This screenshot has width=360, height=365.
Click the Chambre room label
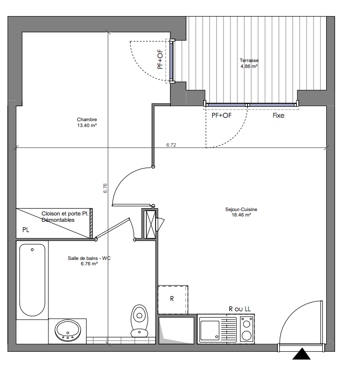pos(87,123)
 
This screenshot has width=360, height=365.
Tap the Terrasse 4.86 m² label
pos(249,64)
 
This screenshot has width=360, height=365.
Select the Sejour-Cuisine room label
pos(241,212)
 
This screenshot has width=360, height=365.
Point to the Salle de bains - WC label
pos(89,261)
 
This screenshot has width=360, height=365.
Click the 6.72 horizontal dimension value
pos(171,145)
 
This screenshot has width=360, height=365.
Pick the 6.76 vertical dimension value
pos(105,188)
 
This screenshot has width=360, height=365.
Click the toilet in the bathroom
pos(139,321)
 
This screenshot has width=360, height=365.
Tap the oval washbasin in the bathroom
pos(68,330)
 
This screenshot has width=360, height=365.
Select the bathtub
pos(32,280)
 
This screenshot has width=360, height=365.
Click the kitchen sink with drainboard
pos(217,329)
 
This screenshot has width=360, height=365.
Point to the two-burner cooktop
pos(247,329)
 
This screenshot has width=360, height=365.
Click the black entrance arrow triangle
pos(302,354)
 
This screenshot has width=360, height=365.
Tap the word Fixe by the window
pos(278,115)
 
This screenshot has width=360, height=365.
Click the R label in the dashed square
pos(172,299)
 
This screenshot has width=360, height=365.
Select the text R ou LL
pos(240,309)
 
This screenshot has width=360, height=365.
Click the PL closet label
pos(25,230)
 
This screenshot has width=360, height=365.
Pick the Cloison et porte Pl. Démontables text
pos(65,217)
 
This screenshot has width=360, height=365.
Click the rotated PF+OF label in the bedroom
pos(160,60)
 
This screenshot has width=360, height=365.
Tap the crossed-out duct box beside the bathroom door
pos(150,224)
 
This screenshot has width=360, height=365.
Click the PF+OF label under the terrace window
pos(222,115)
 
